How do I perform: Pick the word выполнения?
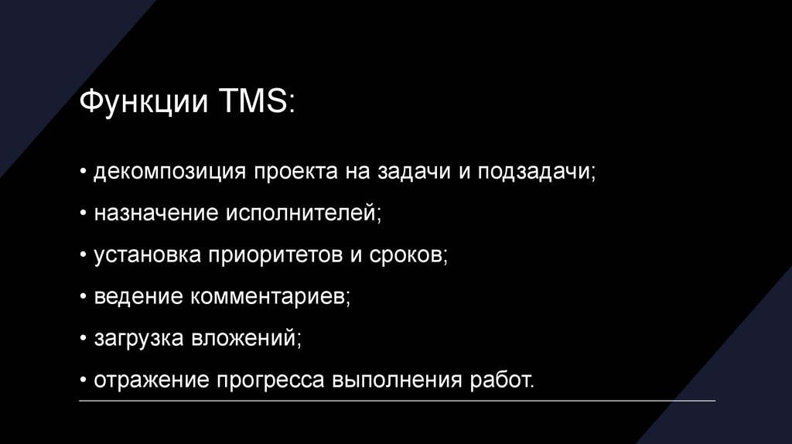pos(398,380)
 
